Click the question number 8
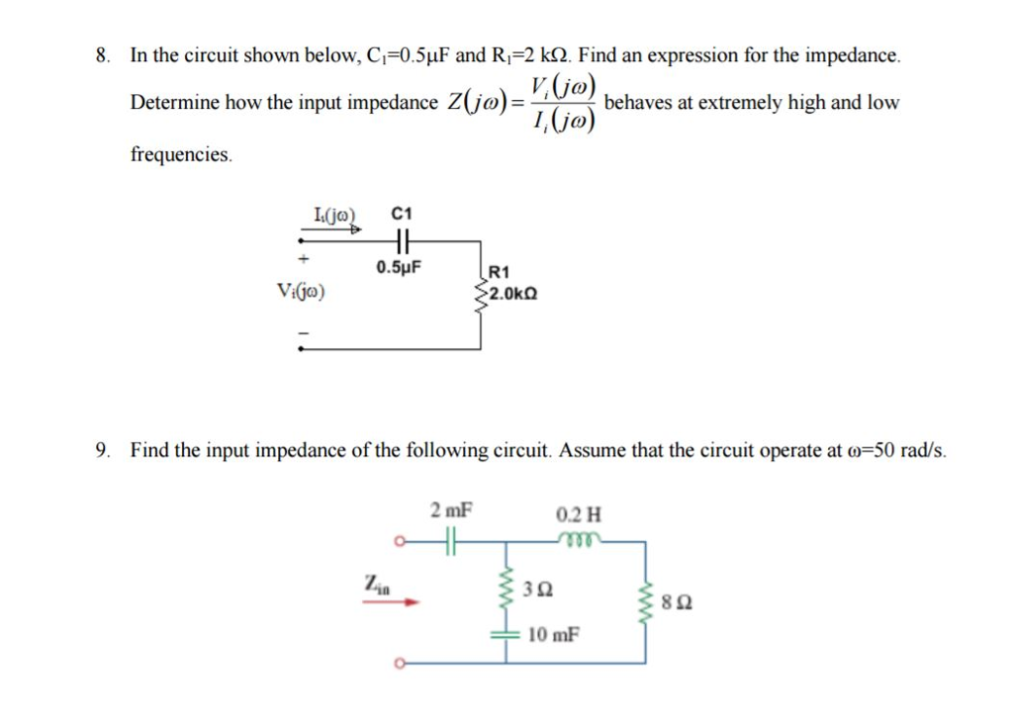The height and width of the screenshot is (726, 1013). click(102, 56)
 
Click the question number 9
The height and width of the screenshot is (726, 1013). click(102, 451)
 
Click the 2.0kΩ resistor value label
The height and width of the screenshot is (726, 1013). click(513, 293)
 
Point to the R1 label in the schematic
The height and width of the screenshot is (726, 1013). click(500, 272)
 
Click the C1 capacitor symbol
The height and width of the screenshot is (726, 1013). click(401, 238)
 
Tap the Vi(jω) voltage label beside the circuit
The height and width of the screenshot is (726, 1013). click(303, 292)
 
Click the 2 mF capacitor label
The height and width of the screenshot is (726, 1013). click(451, 511)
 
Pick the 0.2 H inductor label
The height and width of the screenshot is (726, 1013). click(578, 514)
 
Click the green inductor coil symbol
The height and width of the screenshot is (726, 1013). click(577, 539)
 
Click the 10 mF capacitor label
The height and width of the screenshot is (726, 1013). click(554, 634)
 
